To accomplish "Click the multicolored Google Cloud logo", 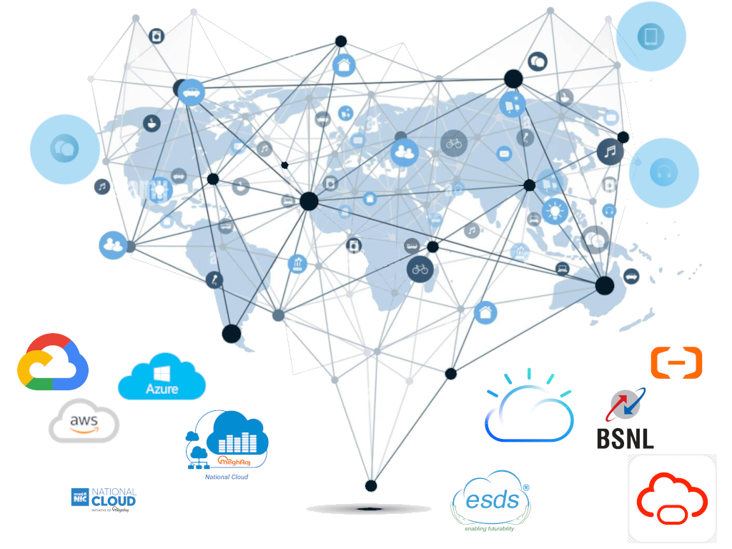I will click(52, 362).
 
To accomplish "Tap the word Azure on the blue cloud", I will click(162, 389).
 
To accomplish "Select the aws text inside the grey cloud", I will click(84, 422).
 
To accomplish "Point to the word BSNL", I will click(625, 438).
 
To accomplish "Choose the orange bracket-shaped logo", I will click(676, 362).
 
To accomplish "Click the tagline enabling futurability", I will click(490, 530).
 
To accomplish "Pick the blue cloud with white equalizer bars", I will click(236, 433).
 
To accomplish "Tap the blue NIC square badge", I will click(79, 496).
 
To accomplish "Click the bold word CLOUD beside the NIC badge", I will click(114, 501).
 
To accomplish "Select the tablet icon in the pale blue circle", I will click(651, 35).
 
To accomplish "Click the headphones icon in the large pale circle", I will click(663, 173).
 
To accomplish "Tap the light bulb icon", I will click(554, 210).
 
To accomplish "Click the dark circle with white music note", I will click(610, 152).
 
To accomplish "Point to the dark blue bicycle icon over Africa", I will click(420, 269).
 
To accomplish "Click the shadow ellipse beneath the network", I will click(369, 509).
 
